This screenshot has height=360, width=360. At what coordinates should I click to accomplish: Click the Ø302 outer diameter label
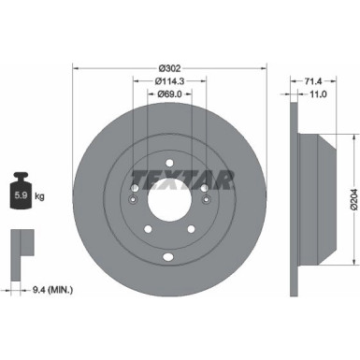[x=169, y=67]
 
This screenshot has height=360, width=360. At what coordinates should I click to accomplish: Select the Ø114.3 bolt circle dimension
[x=169, y=81]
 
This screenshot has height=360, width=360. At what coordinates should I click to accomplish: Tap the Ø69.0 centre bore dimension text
[x=169, y=95]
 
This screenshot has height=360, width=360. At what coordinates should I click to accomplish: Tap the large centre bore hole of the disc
[x=169, y=199]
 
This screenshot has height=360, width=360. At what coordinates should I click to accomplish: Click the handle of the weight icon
[x=22, y=180]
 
